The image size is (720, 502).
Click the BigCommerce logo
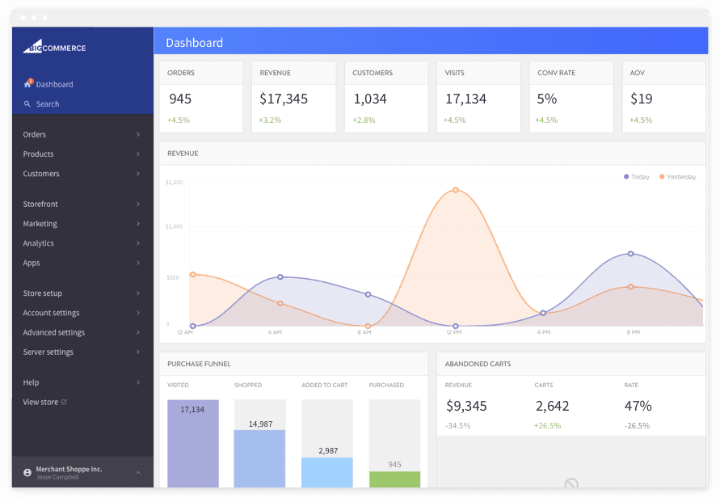tap(54, 47)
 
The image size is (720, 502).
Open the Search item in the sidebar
tap(47, 104)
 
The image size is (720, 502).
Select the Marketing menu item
tap(40, 224)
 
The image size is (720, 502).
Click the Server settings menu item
tap(48, 352)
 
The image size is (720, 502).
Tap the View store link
tap(41, 402)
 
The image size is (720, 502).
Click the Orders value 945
tap(180, 99)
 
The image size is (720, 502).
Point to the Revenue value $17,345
tap(284, 99)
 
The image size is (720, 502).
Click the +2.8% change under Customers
tap(364, 120)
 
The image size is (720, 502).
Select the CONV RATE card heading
tap(556, 73)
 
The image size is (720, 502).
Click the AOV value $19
tap(641, 99)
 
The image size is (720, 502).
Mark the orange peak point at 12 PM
tap(456, 190)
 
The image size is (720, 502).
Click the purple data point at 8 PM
tap(631, 254)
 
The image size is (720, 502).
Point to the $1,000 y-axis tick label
tap(174, 227)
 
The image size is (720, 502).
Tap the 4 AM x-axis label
tap(275, 332)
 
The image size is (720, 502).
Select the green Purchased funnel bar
tap(394, 479)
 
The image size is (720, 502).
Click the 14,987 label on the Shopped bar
tap(260, 424)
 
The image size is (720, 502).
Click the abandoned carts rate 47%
tap(638, 406)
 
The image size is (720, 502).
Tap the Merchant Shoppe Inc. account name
tap(69, 469)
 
